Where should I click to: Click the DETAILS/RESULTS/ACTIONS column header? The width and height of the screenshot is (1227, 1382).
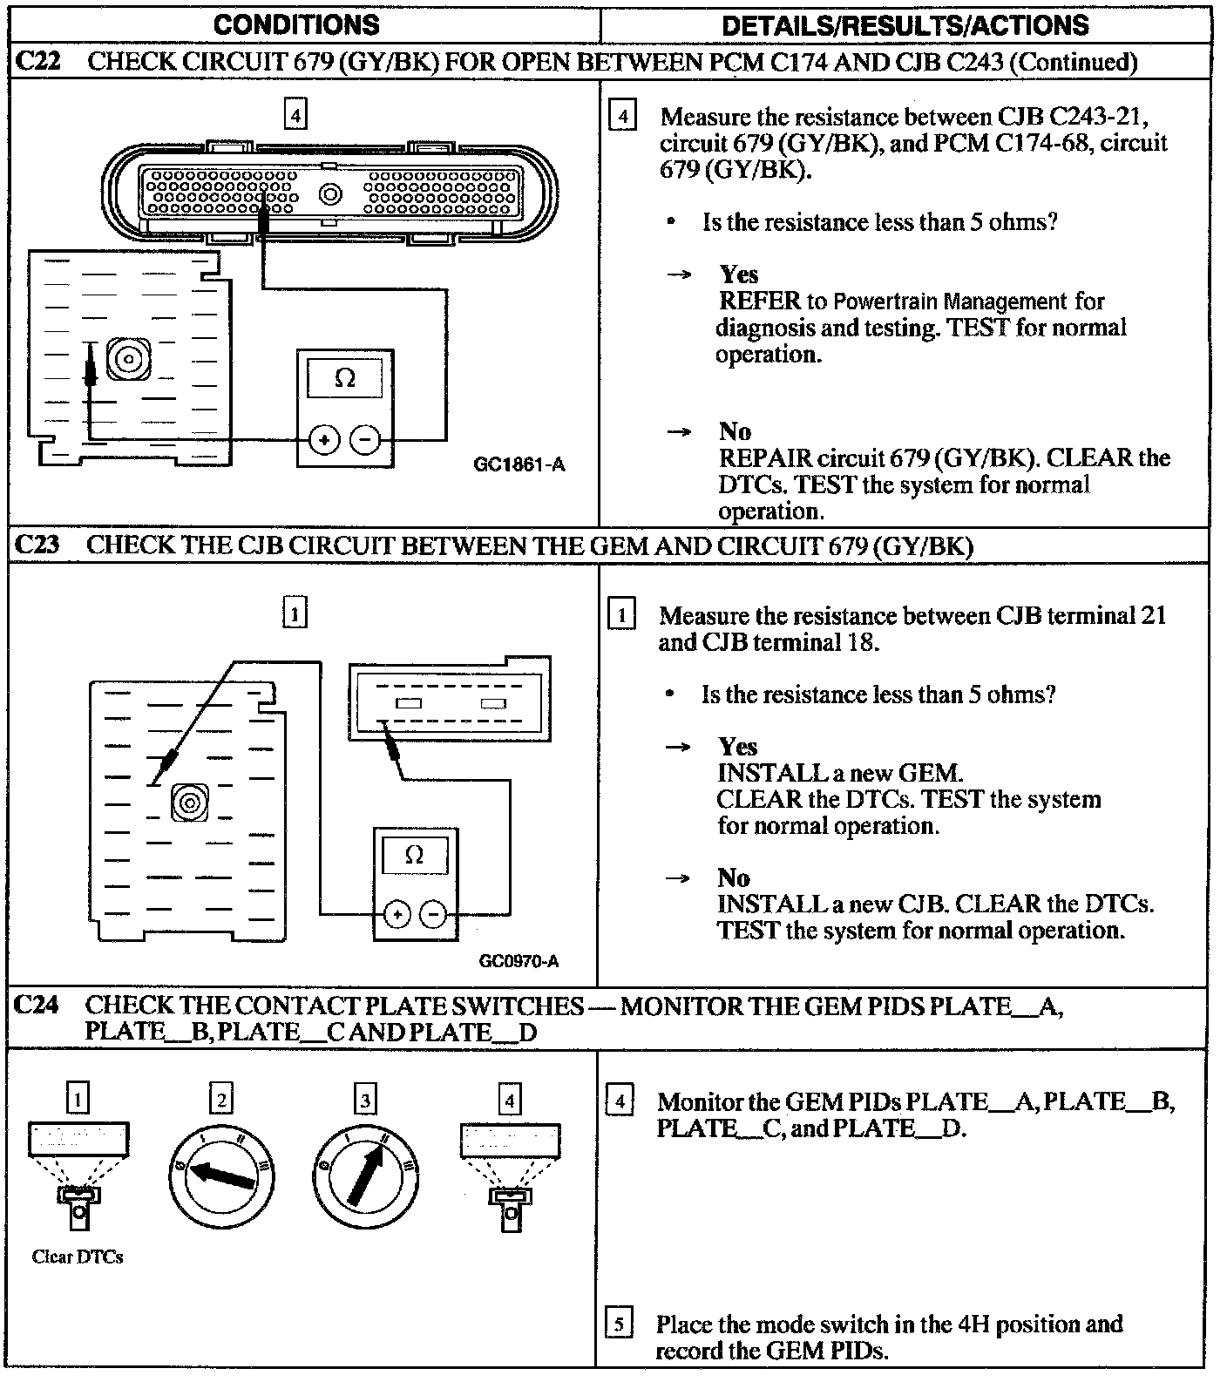tap(905, 24)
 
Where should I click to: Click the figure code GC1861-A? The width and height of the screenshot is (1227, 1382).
tap(519, 464)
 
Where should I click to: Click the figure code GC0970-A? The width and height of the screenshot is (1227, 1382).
tap(519, 961)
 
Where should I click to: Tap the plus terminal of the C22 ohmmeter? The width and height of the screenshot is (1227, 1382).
tap(324, 440)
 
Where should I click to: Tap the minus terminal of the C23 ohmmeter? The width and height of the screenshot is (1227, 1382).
tap(433, 915)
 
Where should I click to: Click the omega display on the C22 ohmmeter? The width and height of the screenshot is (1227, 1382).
tap(345, 378)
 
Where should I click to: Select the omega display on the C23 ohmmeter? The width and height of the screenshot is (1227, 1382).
tap(414, 855)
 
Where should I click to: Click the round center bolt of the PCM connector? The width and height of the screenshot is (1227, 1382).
tap(330, 194)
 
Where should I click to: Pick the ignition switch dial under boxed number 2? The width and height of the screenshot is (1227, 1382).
tap(221, 1181)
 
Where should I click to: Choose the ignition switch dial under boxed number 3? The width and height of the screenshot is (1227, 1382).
tap(366, 1181)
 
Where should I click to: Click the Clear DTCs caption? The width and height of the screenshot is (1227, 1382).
tap(78, 1257)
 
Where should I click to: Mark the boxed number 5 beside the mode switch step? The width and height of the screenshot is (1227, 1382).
tap(618, 1324)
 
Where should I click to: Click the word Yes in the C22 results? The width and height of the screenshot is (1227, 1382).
tap(738, 274)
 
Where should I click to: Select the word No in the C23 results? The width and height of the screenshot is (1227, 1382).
tap(734, 877)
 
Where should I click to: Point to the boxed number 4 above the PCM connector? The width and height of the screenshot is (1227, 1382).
tap(296, 114)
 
